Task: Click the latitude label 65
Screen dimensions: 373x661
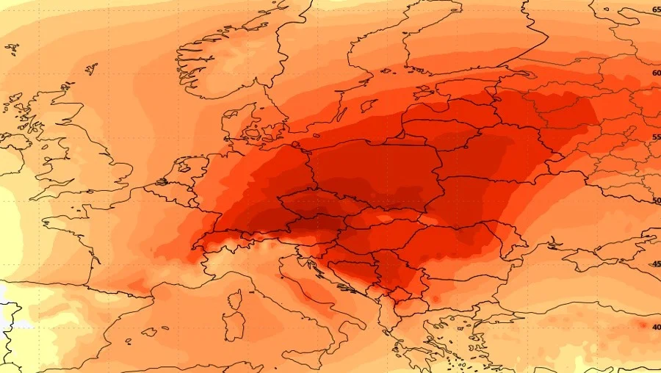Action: point(656,10)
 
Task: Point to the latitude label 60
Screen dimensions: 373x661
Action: point(656,73)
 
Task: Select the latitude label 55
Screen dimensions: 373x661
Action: point(656,137)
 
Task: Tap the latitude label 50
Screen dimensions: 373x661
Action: point(656,200)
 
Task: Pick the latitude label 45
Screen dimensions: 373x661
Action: point(656,264)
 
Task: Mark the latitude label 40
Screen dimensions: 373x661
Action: point(656,327)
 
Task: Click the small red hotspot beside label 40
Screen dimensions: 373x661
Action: point(642,325)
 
